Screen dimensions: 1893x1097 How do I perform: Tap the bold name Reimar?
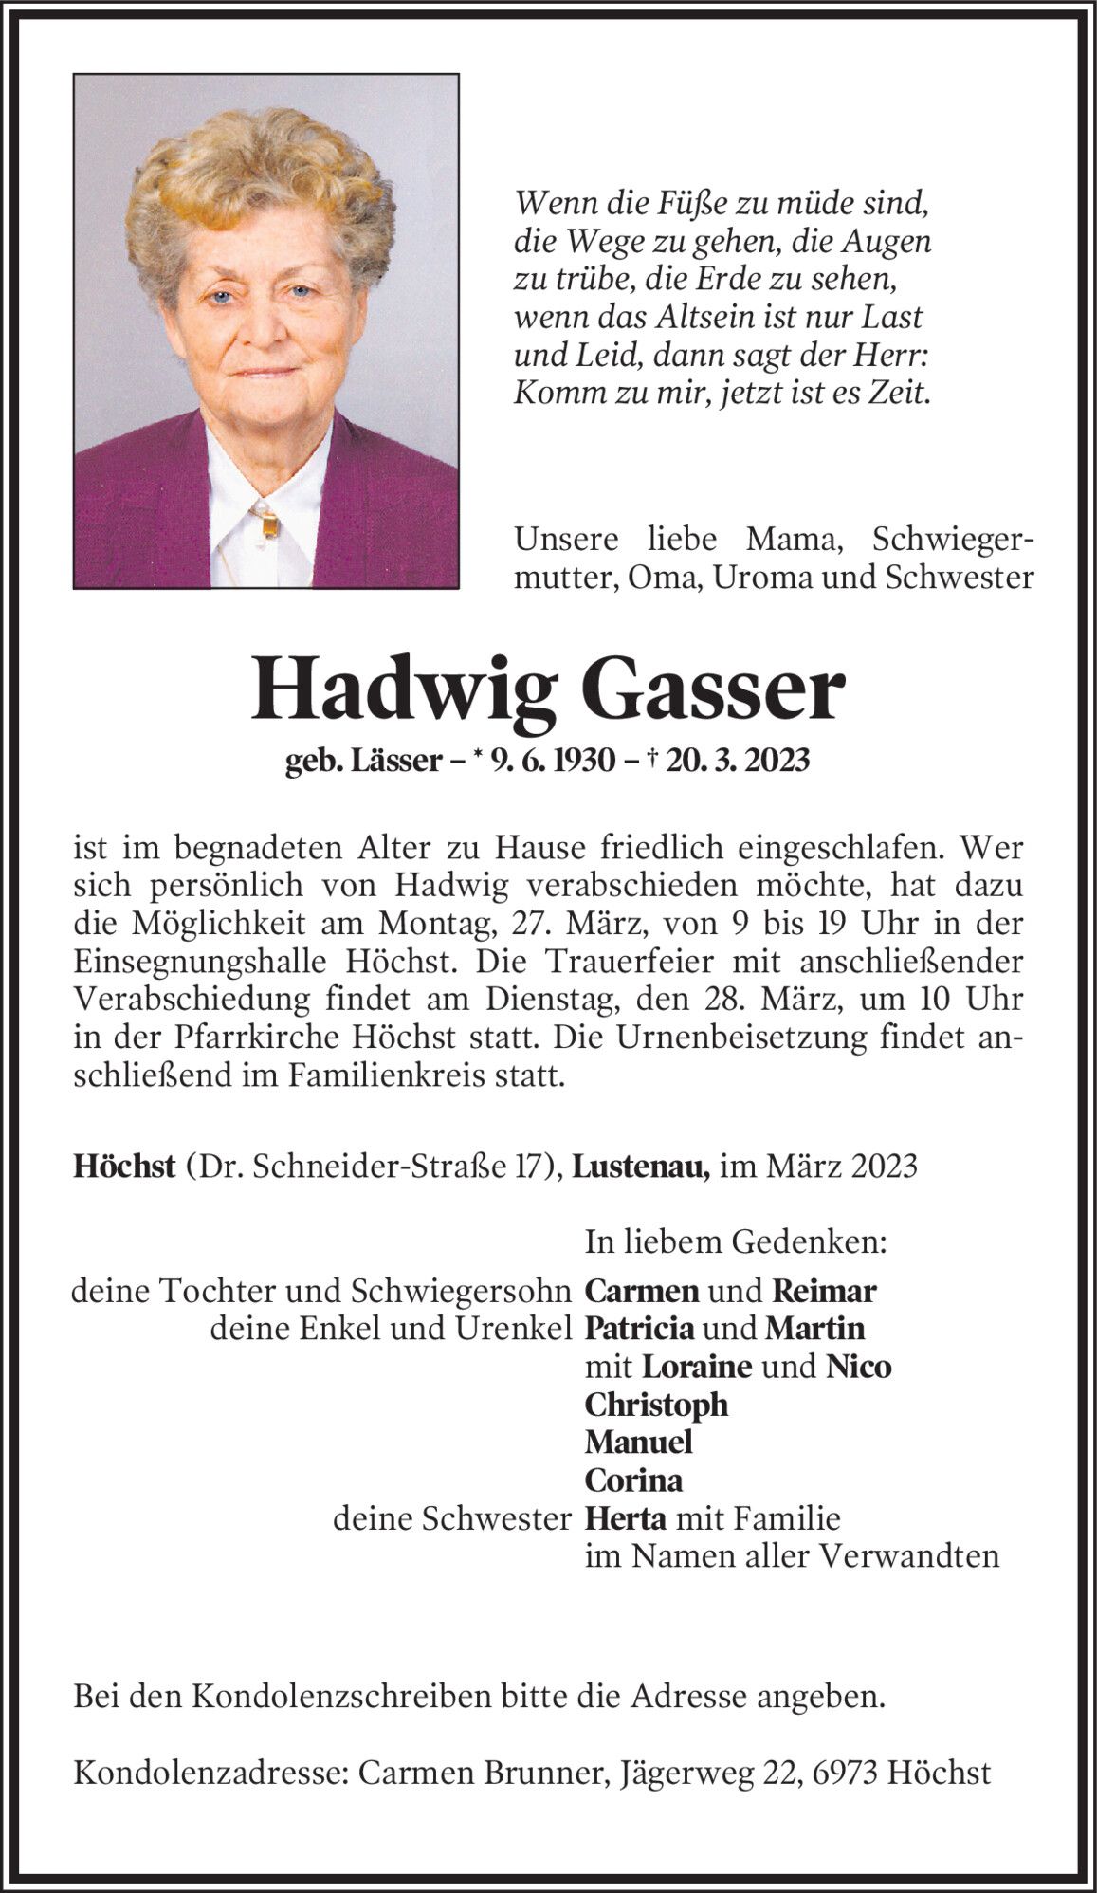(x=824, y=1291)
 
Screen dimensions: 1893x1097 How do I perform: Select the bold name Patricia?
(x=639, y=1329)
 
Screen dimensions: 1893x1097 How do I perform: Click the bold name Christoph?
(x=656, y=1405)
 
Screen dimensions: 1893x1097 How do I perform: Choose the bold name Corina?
(x=633, y=1480)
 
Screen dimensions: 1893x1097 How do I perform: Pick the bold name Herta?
(x=627, y=1518)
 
